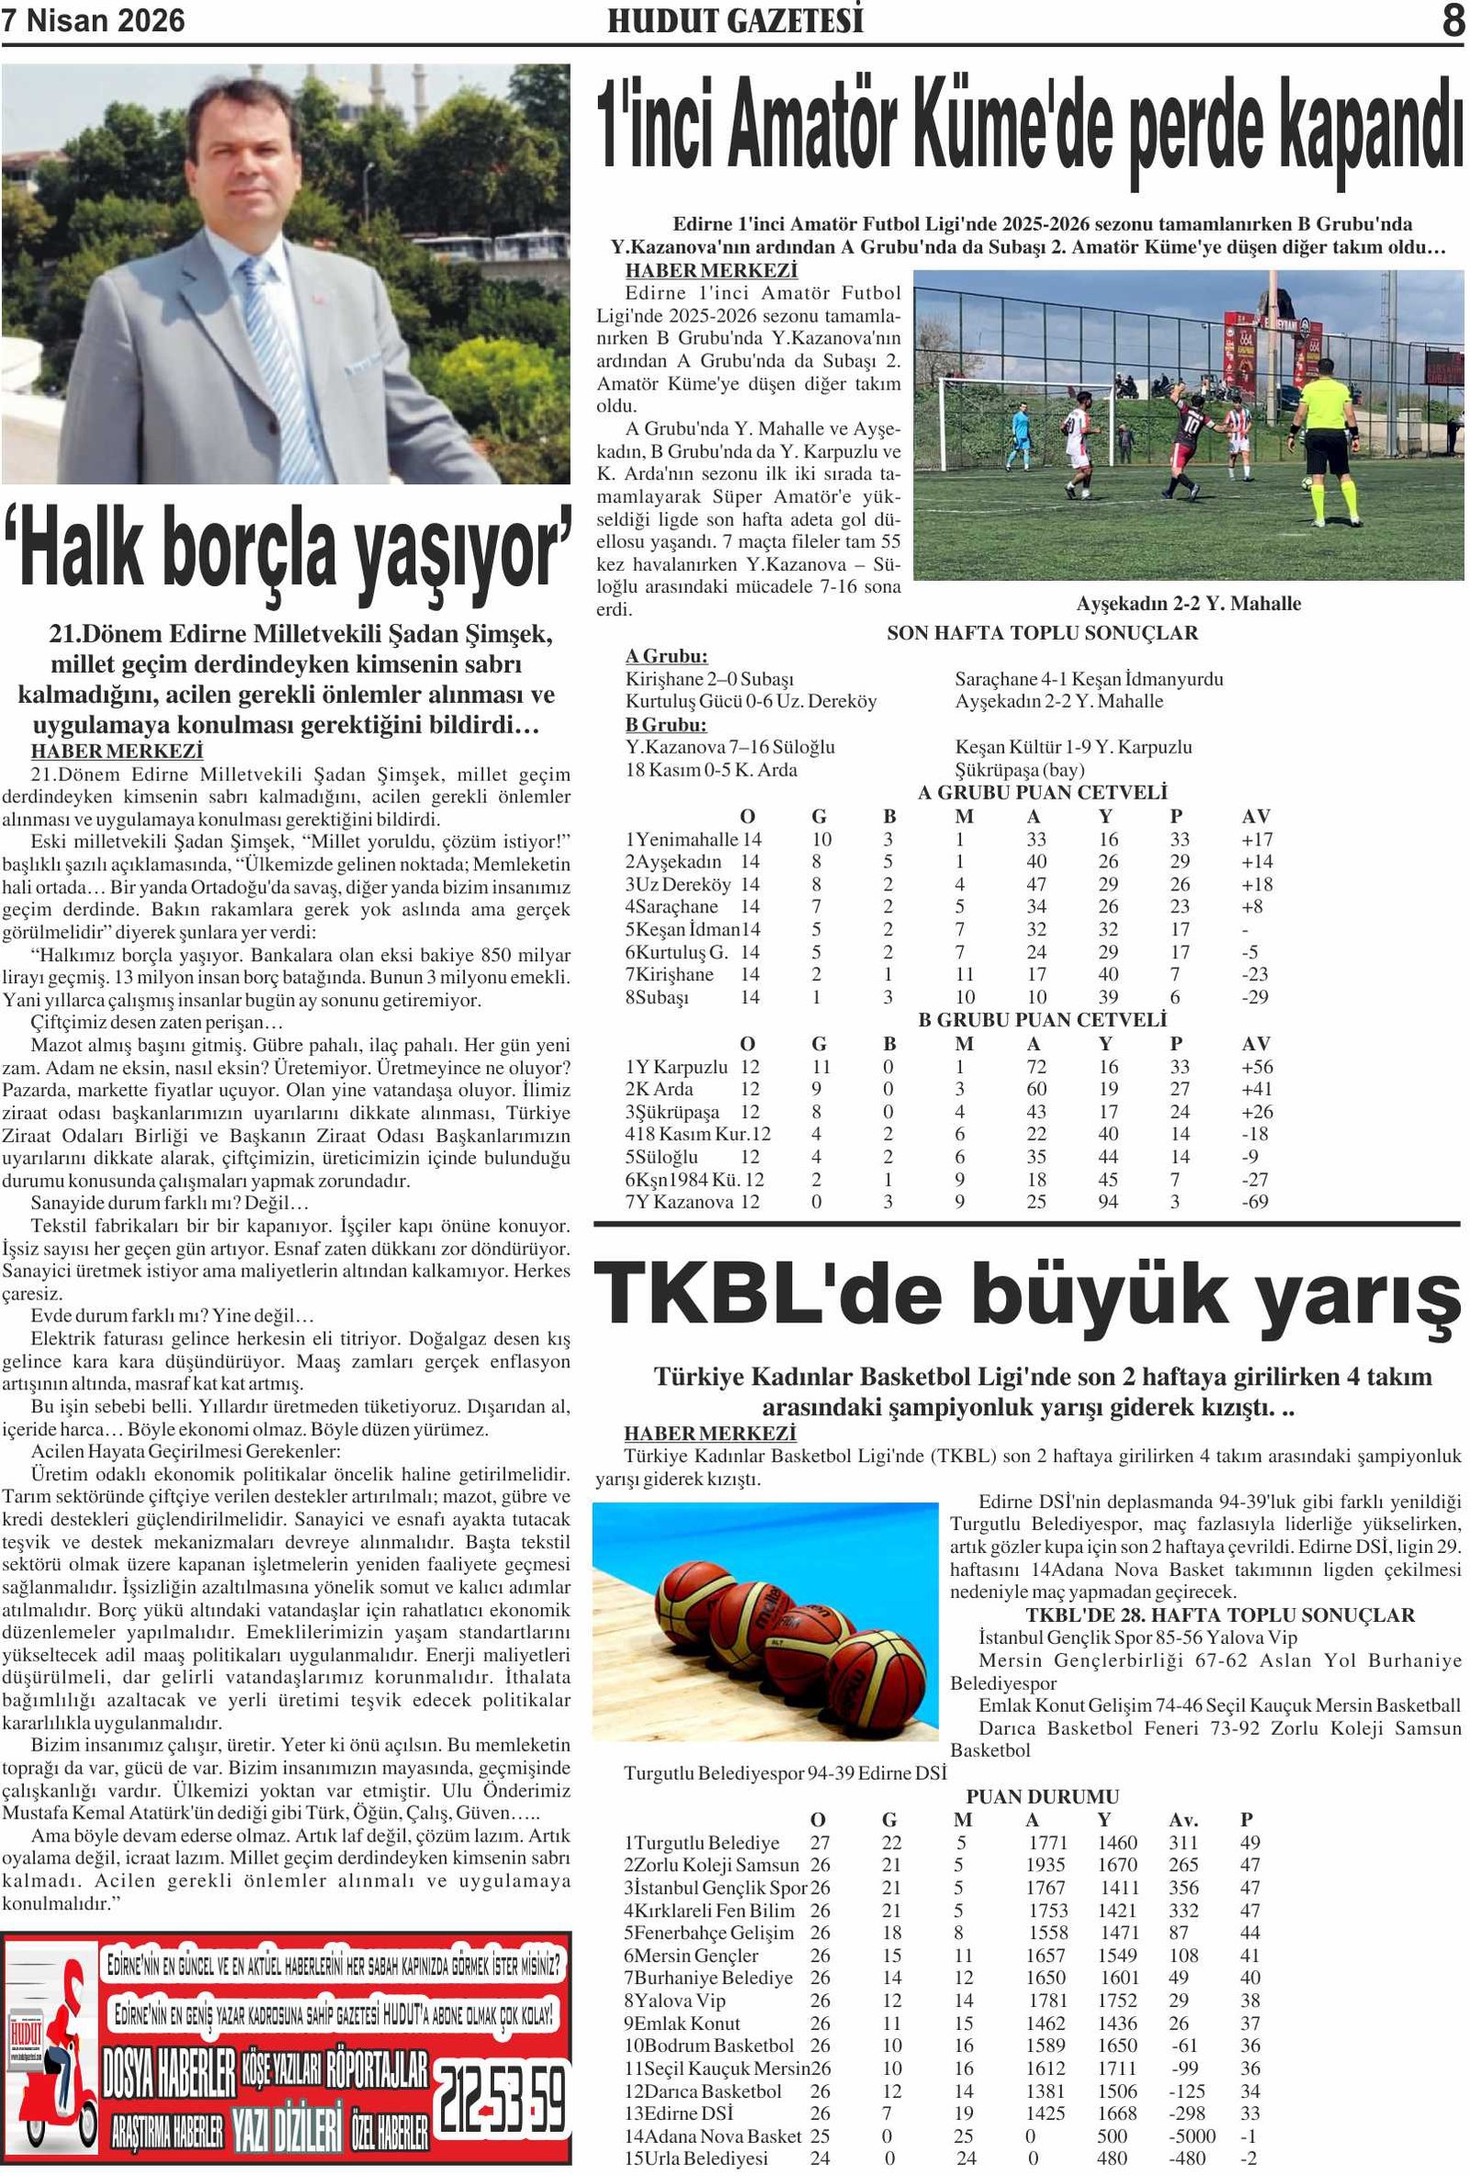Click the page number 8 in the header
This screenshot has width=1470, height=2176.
click(x=1453, y=20)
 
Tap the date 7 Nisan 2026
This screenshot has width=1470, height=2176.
click(x=94, y=20)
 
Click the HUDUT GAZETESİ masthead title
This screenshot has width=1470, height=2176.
click(x=735, y=20)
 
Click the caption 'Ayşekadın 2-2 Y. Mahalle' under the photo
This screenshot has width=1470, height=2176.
click(x=1188, y=604)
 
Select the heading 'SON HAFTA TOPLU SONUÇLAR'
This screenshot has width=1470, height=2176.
click(x=1042, y=633)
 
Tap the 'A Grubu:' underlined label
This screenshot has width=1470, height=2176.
click(x=667, y=656)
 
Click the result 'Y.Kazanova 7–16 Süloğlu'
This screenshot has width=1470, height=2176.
click(x=730, y=747)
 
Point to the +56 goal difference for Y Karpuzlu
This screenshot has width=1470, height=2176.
click(x=1257, y=1067)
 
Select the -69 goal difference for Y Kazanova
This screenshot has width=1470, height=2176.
click(x=1255, y=1201)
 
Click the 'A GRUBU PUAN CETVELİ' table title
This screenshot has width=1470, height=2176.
click(x=1042, y=793)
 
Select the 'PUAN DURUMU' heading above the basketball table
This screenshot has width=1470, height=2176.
click(x=1042, y=1796)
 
